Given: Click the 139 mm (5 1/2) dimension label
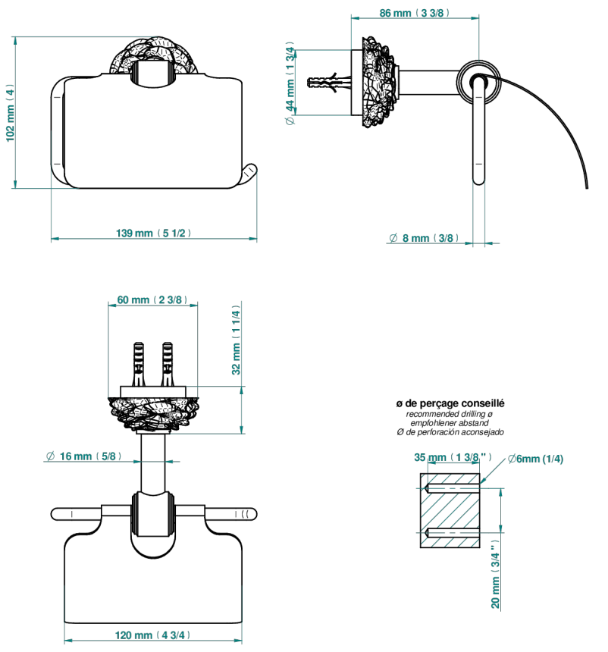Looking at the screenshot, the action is [153, 233].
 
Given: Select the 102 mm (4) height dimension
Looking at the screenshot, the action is [10, 113].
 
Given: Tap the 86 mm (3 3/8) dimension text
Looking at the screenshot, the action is [414, 13].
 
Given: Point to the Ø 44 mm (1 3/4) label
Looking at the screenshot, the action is [290, 83].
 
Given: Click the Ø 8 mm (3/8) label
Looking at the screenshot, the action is [424, 238].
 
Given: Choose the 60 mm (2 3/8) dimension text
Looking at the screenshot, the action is [152, 299].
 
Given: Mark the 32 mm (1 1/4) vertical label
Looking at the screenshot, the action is [236, 340].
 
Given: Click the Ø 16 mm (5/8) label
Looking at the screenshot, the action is [83, 456].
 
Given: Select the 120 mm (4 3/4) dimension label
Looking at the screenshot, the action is [152, 635].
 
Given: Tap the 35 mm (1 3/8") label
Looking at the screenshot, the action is [453, 457].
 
